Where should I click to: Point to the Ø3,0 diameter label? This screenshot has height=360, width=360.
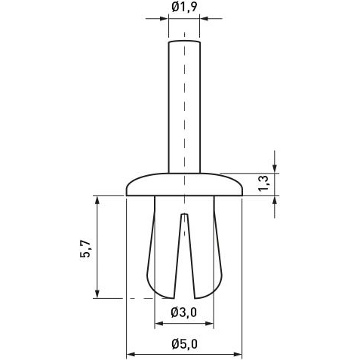point(184,312)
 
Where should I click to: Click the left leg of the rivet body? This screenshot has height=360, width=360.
point(162,249)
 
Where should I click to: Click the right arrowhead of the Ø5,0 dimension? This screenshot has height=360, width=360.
point(238,352)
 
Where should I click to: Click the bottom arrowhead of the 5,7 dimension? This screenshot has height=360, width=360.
point(97,294)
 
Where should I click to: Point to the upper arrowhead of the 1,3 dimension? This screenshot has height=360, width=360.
point(275,168)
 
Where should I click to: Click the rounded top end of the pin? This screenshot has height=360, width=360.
point(184,43)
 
